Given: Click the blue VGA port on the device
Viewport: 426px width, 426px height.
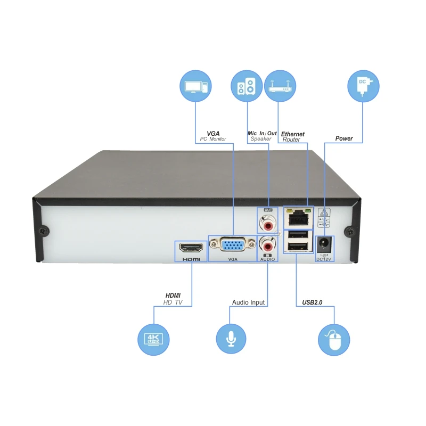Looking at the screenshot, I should click(232, 245).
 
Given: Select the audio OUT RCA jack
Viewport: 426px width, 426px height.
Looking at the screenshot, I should click(267, 219).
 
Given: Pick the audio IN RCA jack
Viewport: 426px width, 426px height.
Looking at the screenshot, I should click(267, 245).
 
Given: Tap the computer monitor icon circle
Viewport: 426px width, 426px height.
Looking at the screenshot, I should click(196, 87).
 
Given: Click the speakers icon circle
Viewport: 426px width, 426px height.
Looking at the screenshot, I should click(247, 87).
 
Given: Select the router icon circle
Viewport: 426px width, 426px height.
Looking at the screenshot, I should click(279, 87).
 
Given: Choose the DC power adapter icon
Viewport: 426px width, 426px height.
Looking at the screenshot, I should click(363, 87).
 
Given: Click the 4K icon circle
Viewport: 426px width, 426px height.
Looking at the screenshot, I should click(154, 339).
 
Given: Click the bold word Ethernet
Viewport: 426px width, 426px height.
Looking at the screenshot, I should click(293, 134).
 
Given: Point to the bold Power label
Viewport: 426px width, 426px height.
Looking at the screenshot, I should click(344, 138).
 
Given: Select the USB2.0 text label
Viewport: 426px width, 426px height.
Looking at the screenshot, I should click(312, 302).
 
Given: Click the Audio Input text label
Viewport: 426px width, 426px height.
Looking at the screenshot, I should click(248, 302).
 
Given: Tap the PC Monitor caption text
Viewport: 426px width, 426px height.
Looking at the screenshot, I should click(213, 140).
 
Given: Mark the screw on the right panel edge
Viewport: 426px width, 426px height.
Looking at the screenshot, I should click(348, 230).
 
